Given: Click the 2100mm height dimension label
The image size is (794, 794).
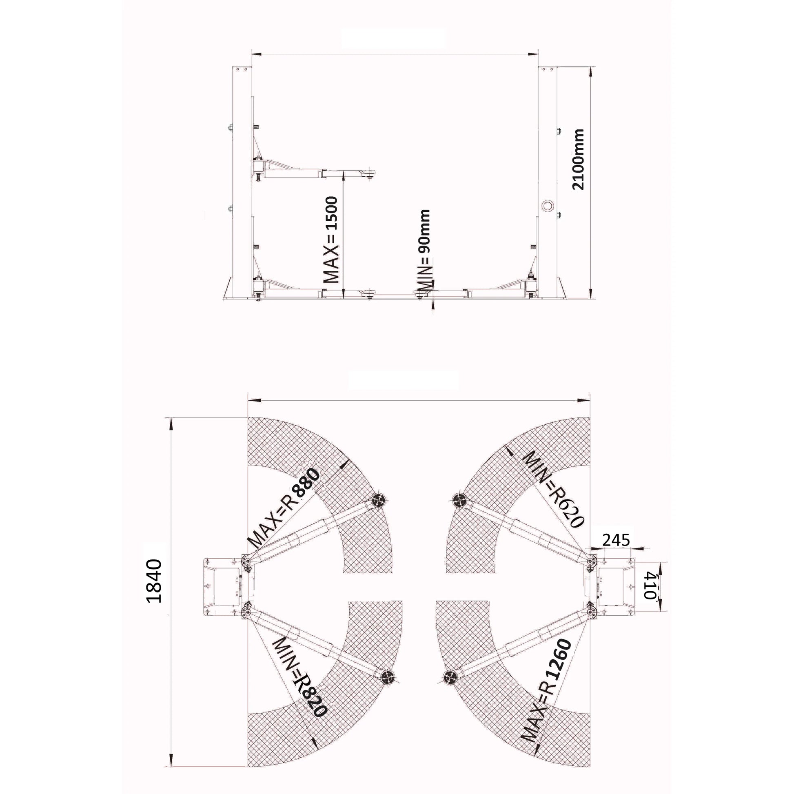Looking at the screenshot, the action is tap(578, 159).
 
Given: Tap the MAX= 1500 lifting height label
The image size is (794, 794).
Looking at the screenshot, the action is tap(331, 240).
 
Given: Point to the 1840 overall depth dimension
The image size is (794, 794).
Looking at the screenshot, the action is tap(154, 580).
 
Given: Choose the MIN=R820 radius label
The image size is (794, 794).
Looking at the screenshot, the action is tap(299, 683).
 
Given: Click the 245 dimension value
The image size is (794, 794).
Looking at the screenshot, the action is tap(616, 540).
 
